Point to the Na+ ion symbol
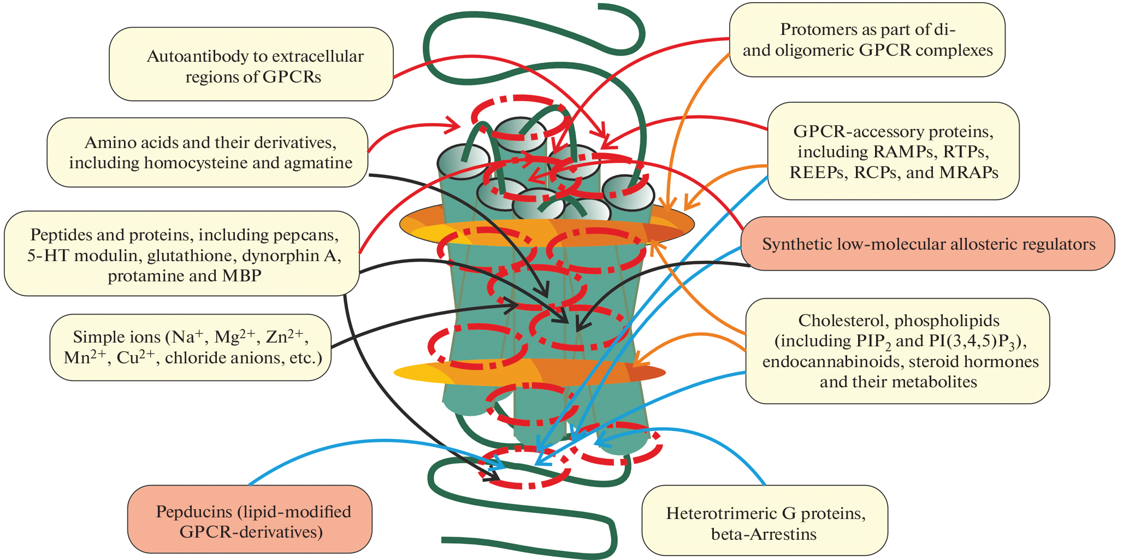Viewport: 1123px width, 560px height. click(195, 337)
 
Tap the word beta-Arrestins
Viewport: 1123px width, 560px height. click(764, 534)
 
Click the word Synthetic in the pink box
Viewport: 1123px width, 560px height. click(794, 244)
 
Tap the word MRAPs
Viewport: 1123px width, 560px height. click(969, 173)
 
